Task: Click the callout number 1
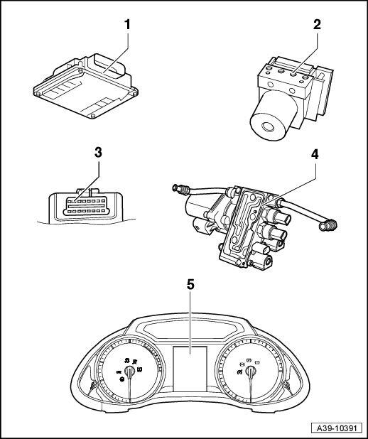coord(127,25)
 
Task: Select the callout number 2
coord(317,25)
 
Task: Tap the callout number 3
coord(98,153)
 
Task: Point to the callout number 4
coord(315,154)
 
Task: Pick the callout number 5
coord(190,285)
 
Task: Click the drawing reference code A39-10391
coord(337,428)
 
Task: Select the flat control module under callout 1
coord(85,86)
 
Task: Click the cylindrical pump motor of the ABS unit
coord(274,115)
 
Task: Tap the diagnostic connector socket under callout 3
coord(86,206)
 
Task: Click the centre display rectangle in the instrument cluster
coord(190,369)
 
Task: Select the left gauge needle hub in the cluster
coord(129,371)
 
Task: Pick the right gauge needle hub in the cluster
coord(250,372)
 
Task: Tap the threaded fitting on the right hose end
coord(328,226)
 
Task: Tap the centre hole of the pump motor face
coord(267,128)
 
